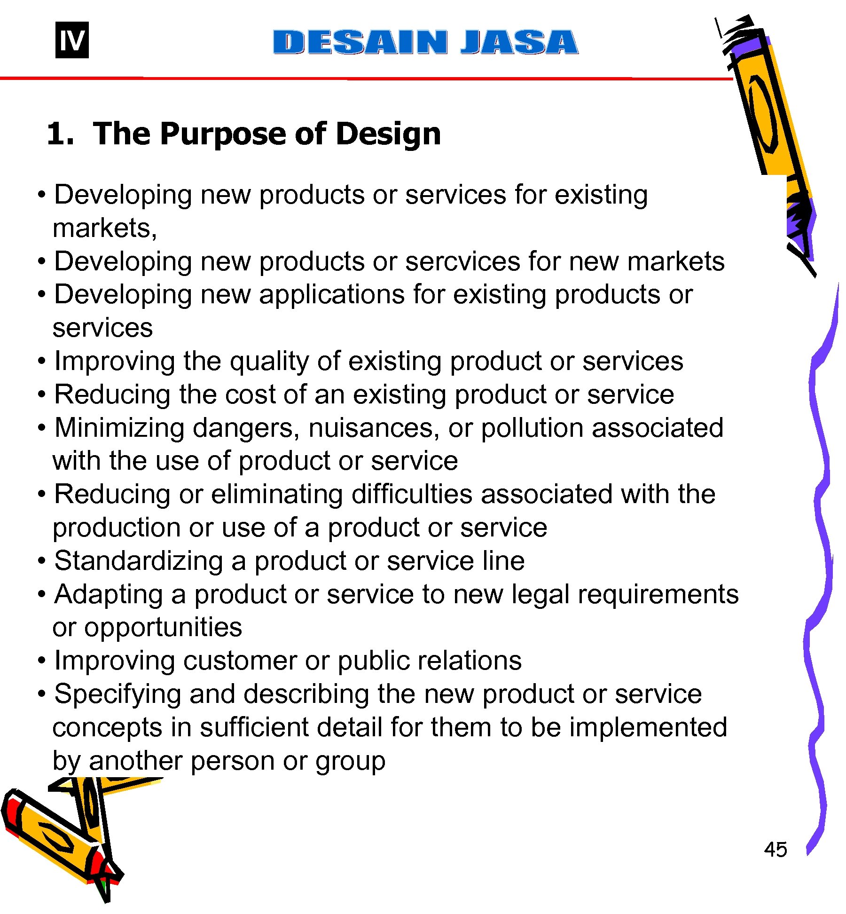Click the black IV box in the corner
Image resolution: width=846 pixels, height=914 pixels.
pos(72,40)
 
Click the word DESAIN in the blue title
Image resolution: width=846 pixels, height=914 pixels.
pos(360,42)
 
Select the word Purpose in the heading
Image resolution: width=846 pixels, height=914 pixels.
pos(223,134)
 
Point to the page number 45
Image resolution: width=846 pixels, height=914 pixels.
pos(775,850)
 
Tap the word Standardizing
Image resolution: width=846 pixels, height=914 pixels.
pos(138,561)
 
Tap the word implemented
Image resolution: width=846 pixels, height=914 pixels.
pos(648,727)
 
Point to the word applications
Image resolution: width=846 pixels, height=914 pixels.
pos(331,295)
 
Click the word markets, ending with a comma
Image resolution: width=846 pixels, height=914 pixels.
pos(105,228)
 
